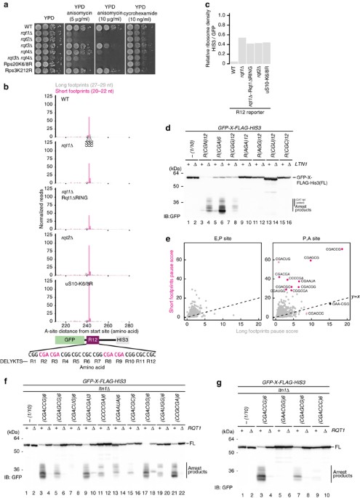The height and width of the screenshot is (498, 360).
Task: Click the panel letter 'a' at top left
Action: click(4, 4)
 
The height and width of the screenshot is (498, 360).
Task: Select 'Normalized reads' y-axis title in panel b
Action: click(31, 192)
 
